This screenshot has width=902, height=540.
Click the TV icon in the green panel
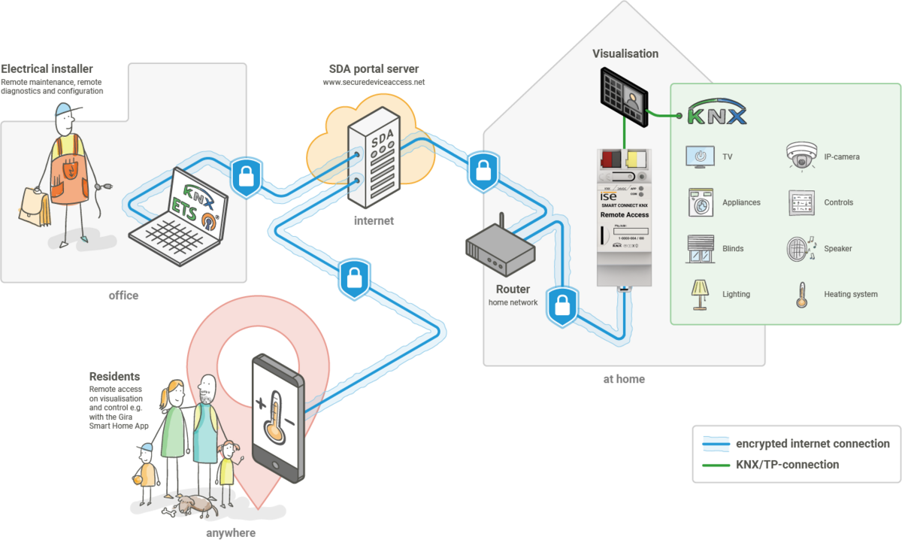tap(699, 157)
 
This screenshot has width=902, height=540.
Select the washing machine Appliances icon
tap(699, 202)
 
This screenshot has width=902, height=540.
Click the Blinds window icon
tap(699, 248)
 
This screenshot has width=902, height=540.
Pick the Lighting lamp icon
tap(699, 293)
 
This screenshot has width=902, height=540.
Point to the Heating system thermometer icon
tap(801, 294)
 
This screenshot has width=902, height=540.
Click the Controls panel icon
tap(801, 202)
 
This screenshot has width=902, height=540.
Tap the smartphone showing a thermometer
tap(277, 418)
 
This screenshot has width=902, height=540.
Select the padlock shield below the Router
tap(561, 305)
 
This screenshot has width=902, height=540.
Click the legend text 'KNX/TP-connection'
tap(787, 465)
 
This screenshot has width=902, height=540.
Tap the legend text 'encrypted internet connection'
tap(813, 444)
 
